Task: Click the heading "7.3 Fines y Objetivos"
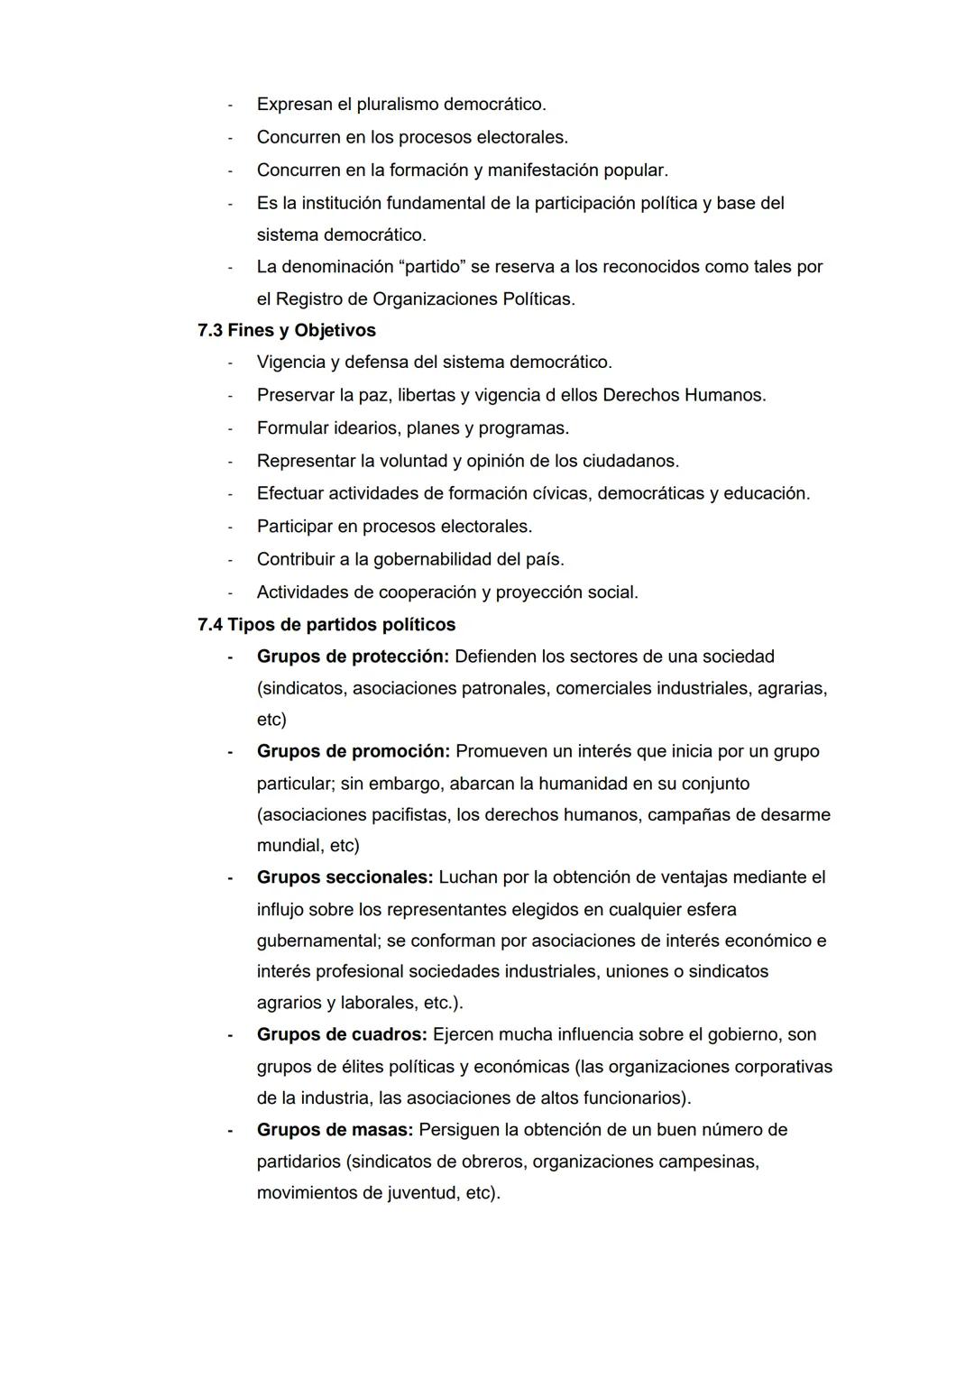[287, 330]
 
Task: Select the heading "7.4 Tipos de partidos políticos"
[326, 624]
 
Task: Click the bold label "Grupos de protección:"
[353, 656]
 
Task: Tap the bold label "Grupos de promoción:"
[353, 751]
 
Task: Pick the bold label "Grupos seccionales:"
[345, 877]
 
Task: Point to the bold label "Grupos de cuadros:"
[342, 1034]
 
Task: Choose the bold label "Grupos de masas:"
[335, 1129]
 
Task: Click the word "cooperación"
[441, 592]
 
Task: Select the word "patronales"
[503, 688]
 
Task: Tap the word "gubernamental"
[316, 941]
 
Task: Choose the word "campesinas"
[707, 1161]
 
